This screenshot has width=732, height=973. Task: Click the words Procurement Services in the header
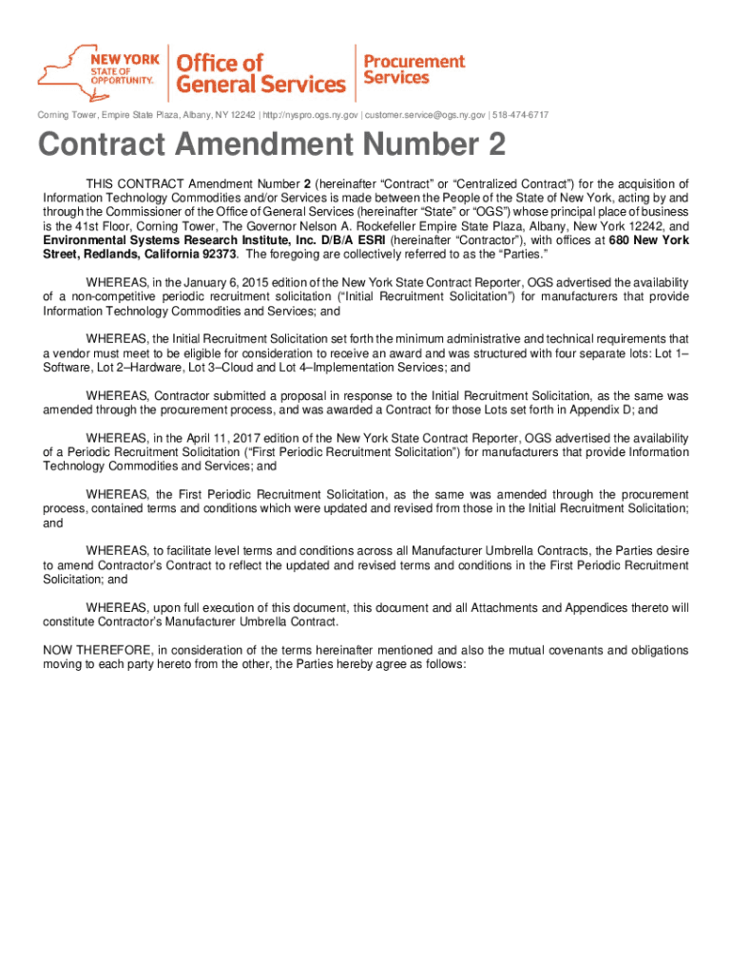[x=414, y=69]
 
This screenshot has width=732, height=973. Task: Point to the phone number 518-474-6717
[x=520, y=116]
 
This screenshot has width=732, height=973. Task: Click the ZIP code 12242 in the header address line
[x=241, y=116]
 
